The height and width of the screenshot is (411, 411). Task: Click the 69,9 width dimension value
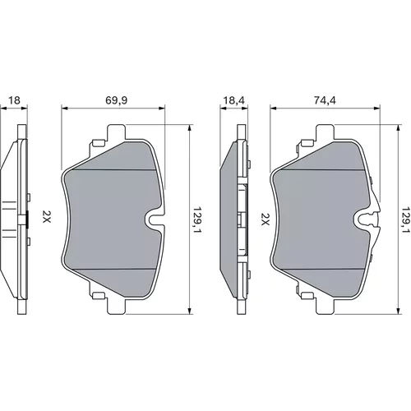[116, 100]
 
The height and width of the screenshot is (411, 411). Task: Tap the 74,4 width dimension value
[325, 100]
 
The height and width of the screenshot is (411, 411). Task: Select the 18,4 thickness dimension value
[233, 100]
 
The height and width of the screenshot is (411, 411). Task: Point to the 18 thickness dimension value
[14, 100]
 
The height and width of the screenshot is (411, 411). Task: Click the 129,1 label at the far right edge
[406, 219]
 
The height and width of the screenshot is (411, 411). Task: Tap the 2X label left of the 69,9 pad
[46, 216]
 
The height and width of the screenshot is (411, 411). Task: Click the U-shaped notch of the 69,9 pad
[154, 219]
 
